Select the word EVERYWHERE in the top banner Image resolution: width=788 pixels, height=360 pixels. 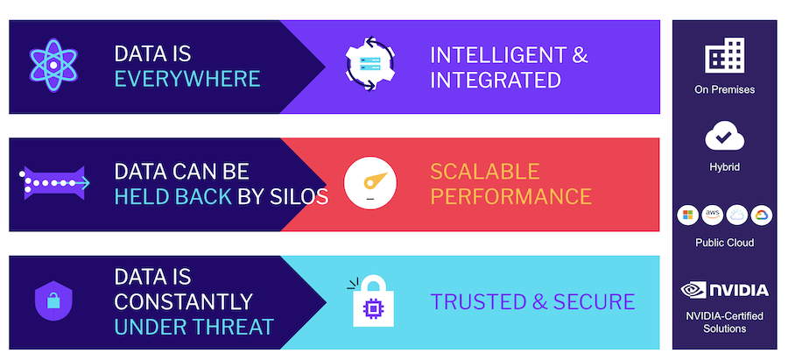click(187, 79)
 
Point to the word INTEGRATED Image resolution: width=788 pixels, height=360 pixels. click(495, 80)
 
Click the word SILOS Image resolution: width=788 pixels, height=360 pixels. click(298, 195)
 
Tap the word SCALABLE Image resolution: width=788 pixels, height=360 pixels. click(484, 170)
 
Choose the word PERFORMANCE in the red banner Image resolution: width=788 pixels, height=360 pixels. click(510, 195)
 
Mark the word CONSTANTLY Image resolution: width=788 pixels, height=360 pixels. click(183, 302)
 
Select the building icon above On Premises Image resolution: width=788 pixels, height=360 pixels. click(724, 58)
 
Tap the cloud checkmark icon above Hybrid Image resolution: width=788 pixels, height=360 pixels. click(724, 136)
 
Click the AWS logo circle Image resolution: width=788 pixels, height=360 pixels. click(712, 215)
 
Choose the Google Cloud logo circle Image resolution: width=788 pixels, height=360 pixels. click(762, 215)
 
